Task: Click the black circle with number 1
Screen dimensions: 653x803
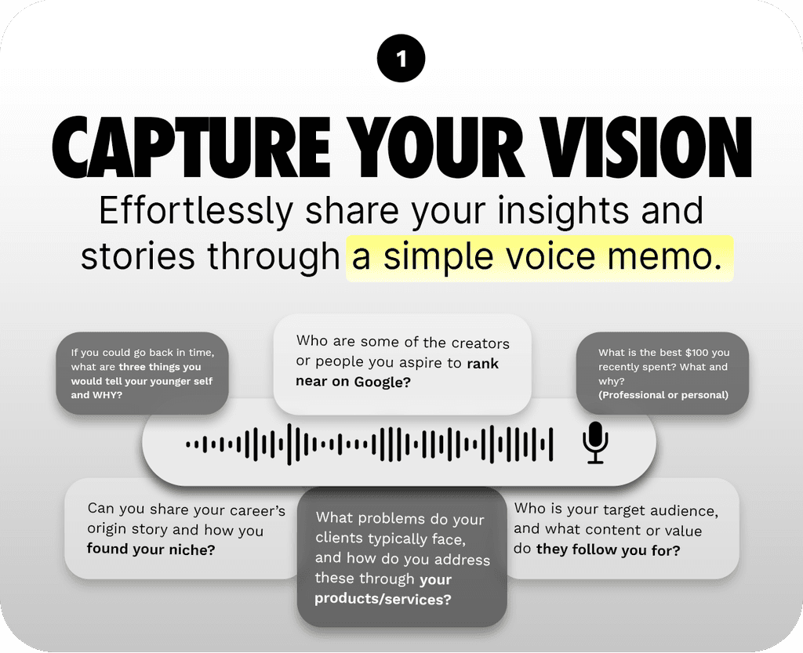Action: pos(401,60)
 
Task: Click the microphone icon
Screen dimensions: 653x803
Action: pos(595,443)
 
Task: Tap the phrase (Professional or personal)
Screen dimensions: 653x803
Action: pos(663,395)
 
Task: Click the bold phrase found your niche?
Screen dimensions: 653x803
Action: pos(151,549)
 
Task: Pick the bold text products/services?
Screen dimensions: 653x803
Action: pos(383,599)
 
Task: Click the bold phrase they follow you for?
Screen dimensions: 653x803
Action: pos(608,550)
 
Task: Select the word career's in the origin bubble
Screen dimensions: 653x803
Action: pos(252,510)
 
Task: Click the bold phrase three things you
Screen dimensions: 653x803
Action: pos(160,367)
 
